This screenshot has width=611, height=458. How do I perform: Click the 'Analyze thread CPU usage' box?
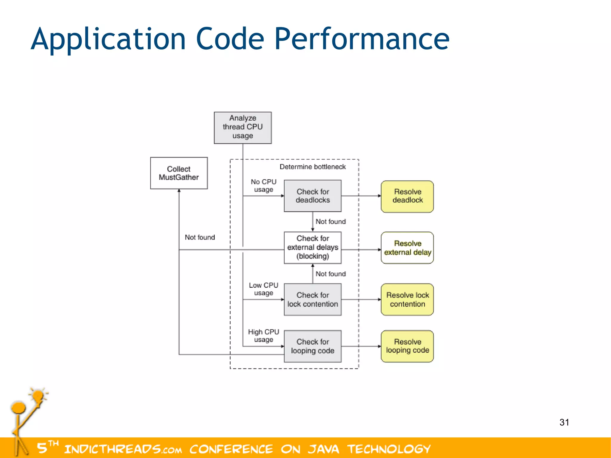[243, 128]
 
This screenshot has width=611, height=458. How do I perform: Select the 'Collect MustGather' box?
[179, 173]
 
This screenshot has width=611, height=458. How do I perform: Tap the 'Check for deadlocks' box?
[312, 196]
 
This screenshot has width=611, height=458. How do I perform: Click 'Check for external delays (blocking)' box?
[312, 247]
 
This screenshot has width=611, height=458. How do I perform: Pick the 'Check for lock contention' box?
[312, 299]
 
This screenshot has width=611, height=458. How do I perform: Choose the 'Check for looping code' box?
[312, 346]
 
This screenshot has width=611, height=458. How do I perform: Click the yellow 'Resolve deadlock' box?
[407, 196]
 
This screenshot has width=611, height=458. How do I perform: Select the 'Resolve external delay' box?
[407, 248]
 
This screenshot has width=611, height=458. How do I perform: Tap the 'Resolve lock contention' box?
[407, 299]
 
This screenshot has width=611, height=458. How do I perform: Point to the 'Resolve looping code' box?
[407, 346]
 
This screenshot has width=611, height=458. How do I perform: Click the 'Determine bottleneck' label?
[312, 167]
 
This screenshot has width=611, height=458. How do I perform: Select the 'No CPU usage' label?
[263, 186]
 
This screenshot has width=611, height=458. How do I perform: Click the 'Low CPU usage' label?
[263, 289]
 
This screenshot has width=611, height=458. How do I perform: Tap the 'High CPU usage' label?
[263, 336]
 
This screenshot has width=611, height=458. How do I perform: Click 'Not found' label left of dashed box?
[200, 237]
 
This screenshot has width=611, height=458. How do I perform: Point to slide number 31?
[564, 422]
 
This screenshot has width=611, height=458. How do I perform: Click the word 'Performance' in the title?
[362, 39]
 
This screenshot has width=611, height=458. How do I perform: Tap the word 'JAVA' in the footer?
[323, 449]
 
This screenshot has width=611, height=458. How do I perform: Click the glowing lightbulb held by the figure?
[38, 396]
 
